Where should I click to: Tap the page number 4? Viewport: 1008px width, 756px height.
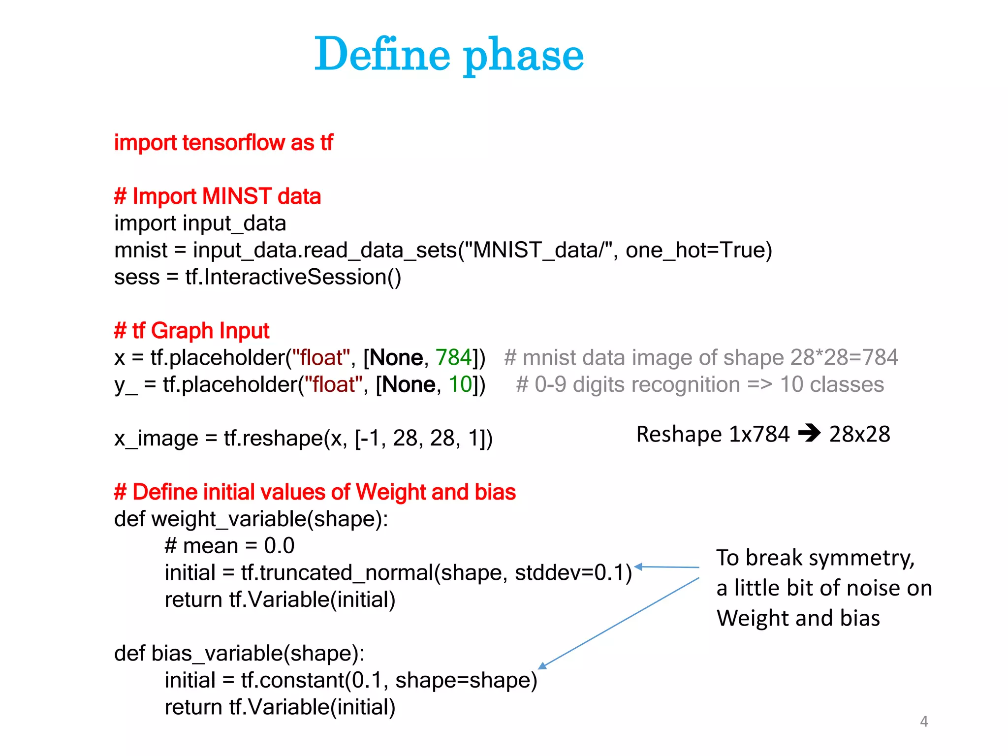pos(924,722)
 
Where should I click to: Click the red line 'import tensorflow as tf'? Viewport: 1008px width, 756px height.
pos(223,143)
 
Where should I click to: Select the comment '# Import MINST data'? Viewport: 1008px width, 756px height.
pos(218,196)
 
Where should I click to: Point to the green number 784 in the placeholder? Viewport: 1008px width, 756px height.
pos(454,357)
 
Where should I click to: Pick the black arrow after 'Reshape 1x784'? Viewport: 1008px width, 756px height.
pos(809,434)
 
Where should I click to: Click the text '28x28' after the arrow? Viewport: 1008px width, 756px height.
pos(859,434)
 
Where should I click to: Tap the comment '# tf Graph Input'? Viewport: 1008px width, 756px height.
pos(191,331)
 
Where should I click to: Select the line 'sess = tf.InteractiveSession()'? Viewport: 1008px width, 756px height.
pos(257,277)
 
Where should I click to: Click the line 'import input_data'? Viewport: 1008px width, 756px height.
pos(200,223)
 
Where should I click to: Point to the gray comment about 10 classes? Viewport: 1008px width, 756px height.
pos(699,384)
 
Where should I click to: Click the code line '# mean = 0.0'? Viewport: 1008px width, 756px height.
pos(229,546)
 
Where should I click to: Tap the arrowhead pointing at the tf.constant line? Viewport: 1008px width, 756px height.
pos(542,666)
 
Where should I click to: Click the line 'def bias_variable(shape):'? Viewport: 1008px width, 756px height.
pos(239,654)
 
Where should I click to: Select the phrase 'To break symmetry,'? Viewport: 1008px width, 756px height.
pos(815,558)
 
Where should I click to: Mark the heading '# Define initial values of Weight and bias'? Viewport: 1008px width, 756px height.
pos(315,492)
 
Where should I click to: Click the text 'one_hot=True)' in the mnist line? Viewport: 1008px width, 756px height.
pos(698,250)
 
